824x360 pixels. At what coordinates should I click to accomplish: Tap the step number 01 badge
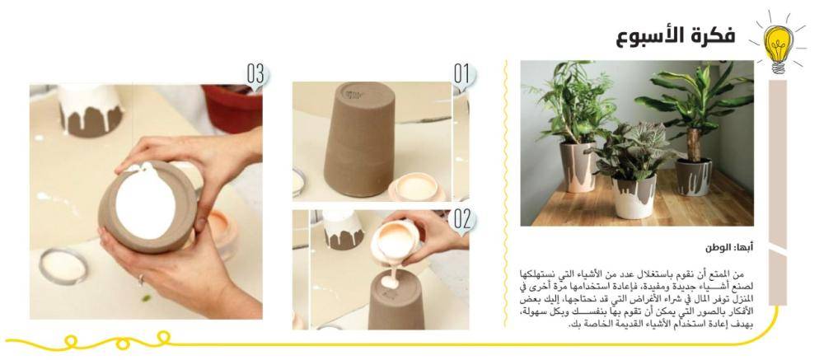click(x=462, y=75)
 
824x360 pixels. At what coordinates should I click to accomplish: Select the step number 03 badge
click(x=256, y=75)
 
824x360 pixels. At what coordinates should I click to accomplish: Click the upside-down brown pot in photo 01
click(x=359, y=138)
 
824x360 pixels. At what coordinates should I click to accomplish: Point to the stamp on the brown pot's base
click(x=353, y=95)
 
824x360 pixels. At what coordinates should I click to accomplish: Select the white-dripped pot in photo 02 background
click(x=343, y=229)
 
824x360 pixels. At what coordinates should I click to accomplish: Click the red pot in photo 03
click(x=232, y=108)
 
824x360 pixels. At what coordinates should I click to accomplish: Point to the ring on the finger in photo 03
click(x=140, y=279)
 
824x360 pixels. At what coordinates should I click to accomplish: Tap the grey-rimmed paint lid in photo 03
click(x=63, y=266)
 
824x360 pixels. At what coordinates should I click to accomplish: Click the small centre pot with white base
click(x=634, y=197)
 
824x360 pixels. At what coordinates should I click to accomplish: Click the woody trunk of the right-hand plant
click(x=695, y=144)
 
